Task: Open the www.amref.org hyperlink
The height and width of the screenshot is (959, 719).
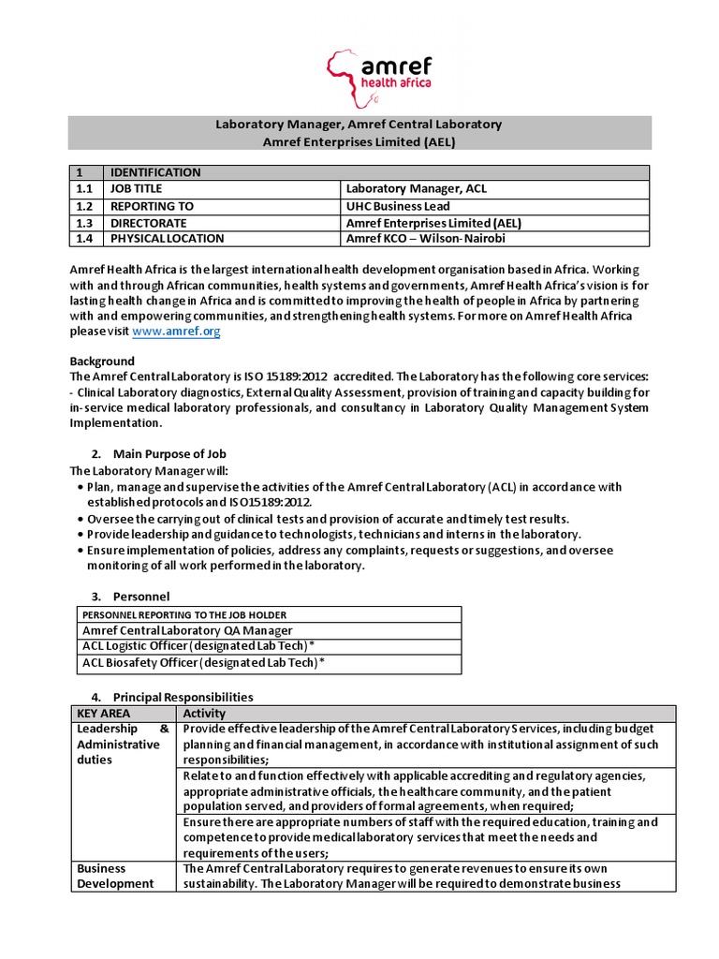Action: [177, 332]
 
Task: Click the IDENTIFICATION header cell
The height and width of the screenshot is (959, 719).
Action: [155, 172]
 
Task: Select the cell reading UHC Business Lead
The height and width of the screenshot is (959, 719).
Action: [398, 206]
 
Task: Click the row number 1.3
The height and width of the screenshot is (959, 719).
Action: [85, 223]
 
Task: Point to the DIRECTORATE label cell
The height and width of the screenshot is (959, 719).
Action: [148, 223]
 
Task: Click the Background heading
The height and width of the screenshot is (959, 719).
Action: [102, 361]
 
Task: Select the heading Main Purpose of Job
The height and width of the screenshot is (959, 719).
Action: [169, 454]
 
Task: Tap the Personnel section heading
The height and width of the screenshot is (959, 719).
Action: [140, 596]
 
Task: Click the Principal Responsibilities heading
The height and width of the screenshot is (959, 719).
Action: [183, 697]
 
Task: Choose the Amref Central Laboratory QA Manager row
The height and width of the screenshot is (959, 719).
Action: [186, 630]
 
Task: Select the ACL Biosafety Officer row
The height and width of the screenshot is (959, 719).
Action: [204, 664]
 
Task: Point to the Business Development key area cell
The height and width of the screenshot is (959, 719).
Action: [115, 876]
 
